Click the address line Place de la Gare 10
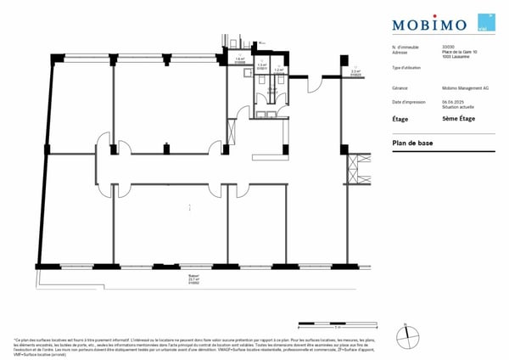coord(459,52)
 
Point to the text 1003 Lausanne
coord(454,57)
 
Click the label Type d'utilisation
coord(408,67)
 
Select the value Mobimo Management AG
coord(463,87)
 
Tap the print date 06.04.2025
coord(452,101)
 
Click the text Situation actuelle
coord(456,106)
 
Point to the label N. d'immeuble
coord(406,47)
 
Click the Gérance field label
coord(400,87)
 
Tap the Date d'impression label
coord(408,101)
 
